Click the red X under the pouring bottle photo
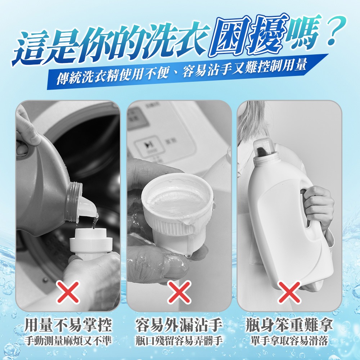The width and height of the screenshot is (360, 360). pyautogui.click(x=68, y=292)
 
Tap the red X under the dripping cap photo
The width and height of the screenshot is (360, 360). pyautogui.click(x=179, y=292)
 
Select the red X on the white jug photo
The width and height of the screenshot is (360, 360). pyautogui.click(x=289, y=292)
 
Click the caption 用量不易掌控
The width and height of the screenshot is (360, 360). pyautogui.click(x=68, y=325)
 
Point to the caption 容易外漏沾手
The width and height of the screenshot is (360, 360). pyautogui.click(x=179, y=325)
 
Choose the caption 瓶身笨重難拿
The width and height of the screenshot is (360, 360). pyautogui.click(x=289, y=325)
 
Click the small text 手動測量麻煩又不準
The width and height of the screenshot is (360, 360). pyautogui.click(x=68, y=341)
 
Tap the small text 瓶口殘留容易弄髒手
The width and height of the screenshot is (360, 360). pyautogui.click(x=179, y=341)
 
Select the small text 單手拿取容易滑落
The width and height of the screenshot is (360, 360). pyautogui.click(x=289, y=341)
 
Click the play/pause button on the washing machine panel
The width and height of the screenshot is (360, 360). pyautogui.click(x=149, y=145)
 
